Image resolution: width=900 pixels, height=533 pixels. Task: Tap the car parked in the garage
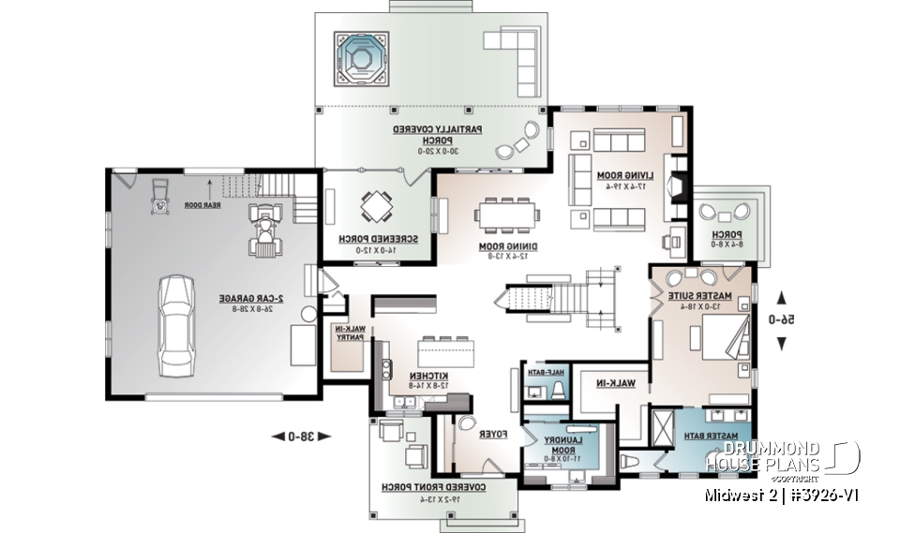point(175,324)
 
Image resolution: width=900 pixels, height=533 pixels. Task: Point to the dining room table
point(506,215)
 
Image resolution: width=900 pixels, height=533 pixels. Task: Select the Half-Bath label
point(550,372)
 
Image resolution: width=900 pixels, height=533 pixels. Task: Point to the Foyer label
point(493,435)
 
